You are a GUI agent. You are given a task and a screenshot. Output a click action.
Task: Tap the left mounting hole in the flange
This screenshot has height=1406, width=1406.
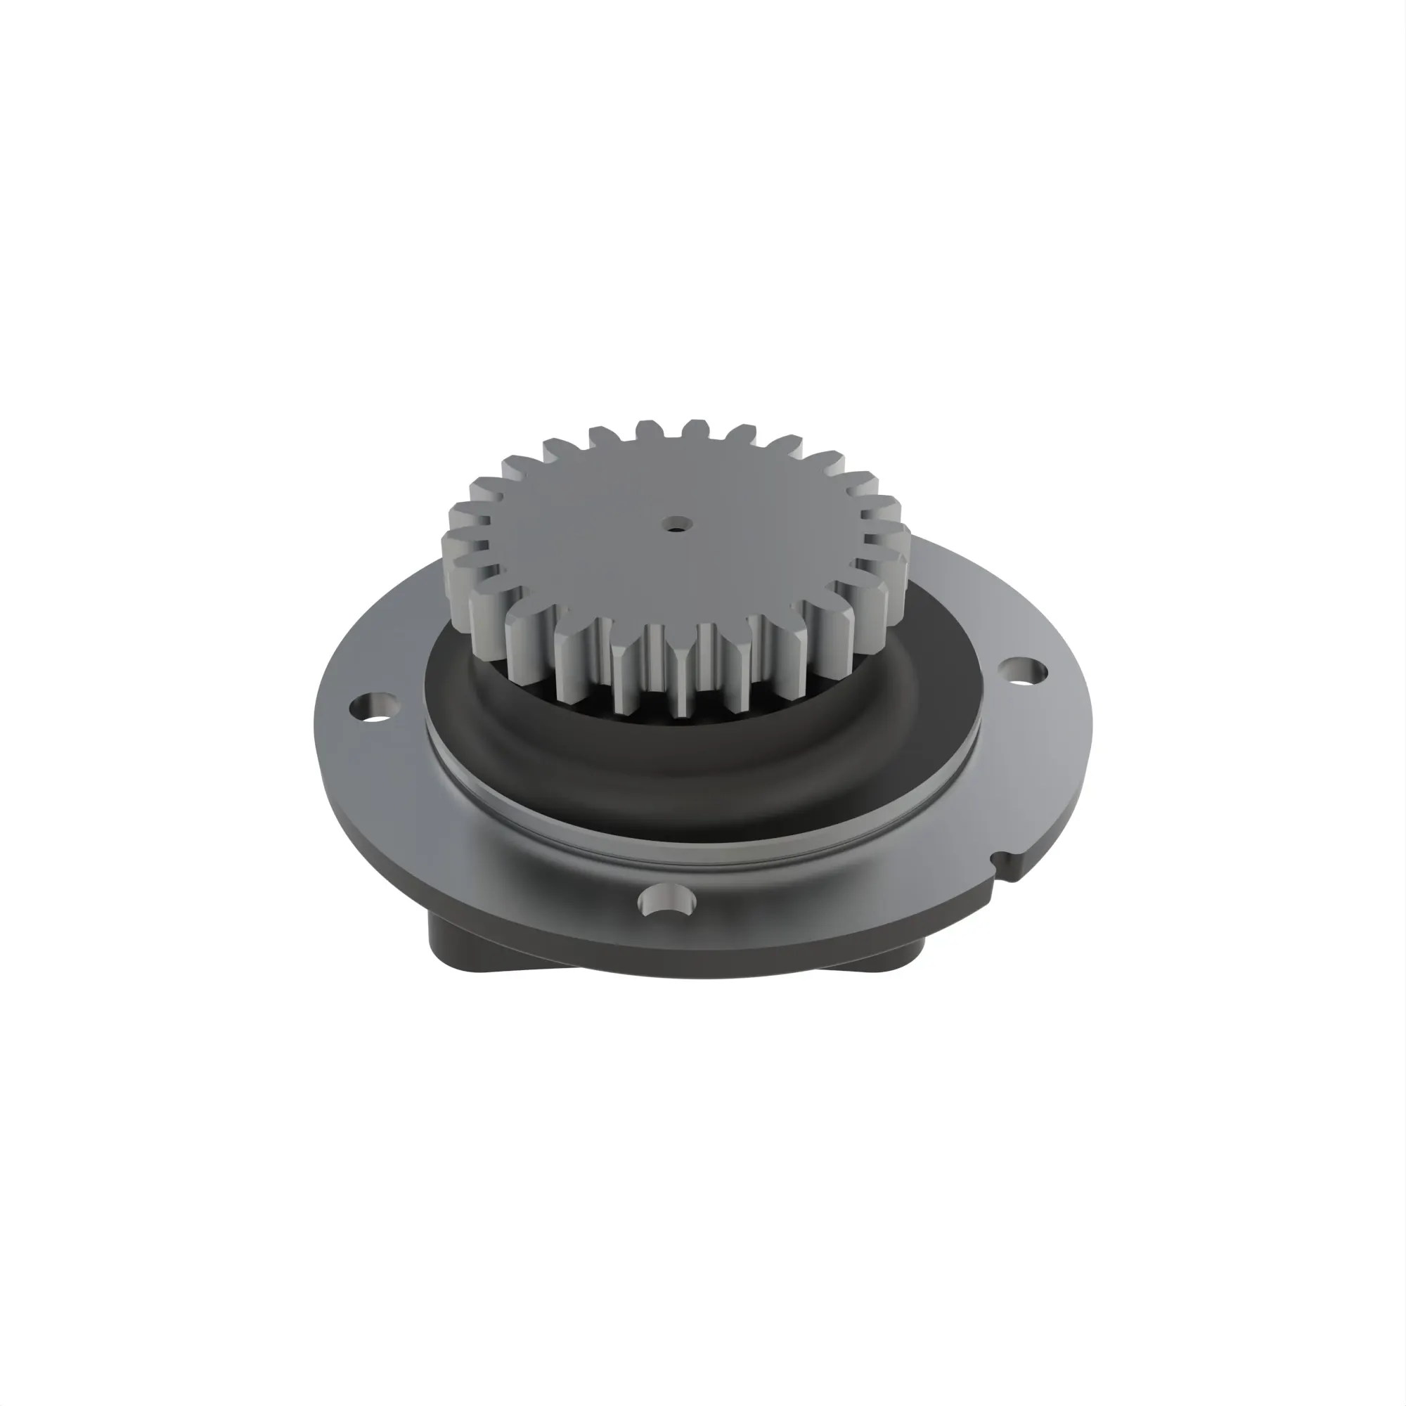pos(373,707)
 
